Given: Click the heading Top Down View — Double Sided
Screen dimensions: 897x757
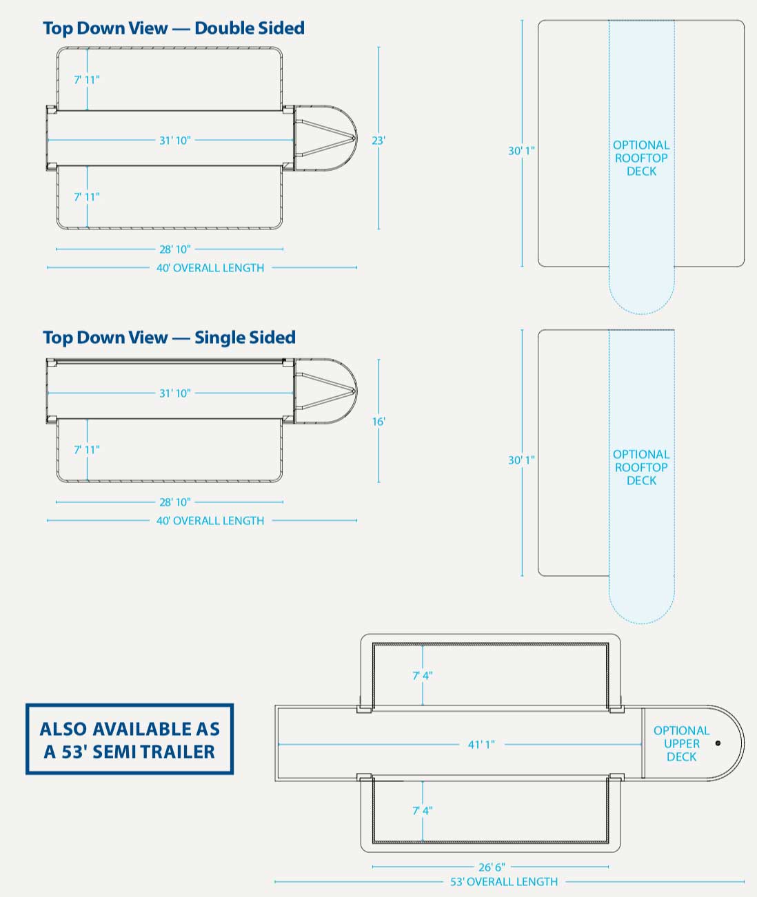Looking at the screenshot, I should click(x=174, y=28).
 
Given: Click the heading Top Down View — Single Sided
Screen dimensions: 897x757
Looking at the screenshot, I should click(x=169, y=338).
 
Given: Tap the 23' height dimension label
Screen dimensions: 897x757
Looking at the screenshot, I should click(x=378, y=141).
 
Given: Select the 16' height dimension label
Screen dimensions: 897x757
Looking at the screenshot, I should click(x=378, y=421).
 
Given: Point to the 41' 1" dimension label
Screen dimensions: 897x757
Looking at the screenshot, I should click(x=481, y=745).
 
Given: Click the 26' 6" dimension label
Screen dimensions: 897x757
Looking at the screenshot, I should click(x=490, y=867).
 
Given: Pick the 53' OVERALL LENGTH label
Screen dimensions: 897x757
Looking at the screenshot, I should click(x=504, y=882).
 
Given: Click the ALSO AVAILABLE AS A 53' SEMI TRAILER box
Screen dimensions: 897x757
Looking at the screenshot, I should click(x=130, y=740).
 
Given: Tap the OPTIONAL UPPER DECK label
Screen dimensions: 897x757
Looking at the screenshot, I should click(x=681, y=743).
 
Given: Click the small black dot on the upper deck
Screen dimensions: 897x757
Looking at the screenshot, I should click(x=718, y=743).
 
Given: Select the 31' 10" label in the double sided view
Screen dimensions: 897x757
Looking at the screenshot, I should click(x=175, y=141).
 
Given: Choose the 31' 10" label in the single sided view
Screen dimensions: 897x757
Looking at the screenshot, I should click(x=175, y=393).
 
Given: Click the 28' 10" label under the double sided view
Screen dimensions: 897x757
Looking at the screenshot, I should click(x=175, y=249).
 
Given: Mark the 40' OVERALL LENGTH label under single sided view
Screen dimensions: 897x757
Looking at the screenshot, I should click(x=210, y=521).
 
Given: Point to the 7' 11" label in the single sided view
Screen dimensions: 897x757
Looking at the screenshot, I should click(x=87, y=450).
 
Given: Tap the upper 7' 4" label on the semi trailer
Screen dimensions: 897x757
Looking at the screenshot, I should click(x=423, y=676).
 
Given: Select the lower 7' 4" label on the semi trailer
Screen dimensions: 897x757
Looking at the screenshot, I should click(x=423, y=811).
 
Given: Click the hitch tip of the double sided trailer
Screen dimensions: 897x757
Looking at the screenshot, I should click(x=355, y=138).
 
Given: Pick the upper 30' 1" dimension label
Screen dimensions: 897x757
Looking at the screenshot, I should click(x=521, y=150).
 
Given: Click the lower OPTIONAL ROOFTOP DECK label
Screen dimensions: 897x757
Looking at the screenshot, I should click(x=641, y=467).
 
